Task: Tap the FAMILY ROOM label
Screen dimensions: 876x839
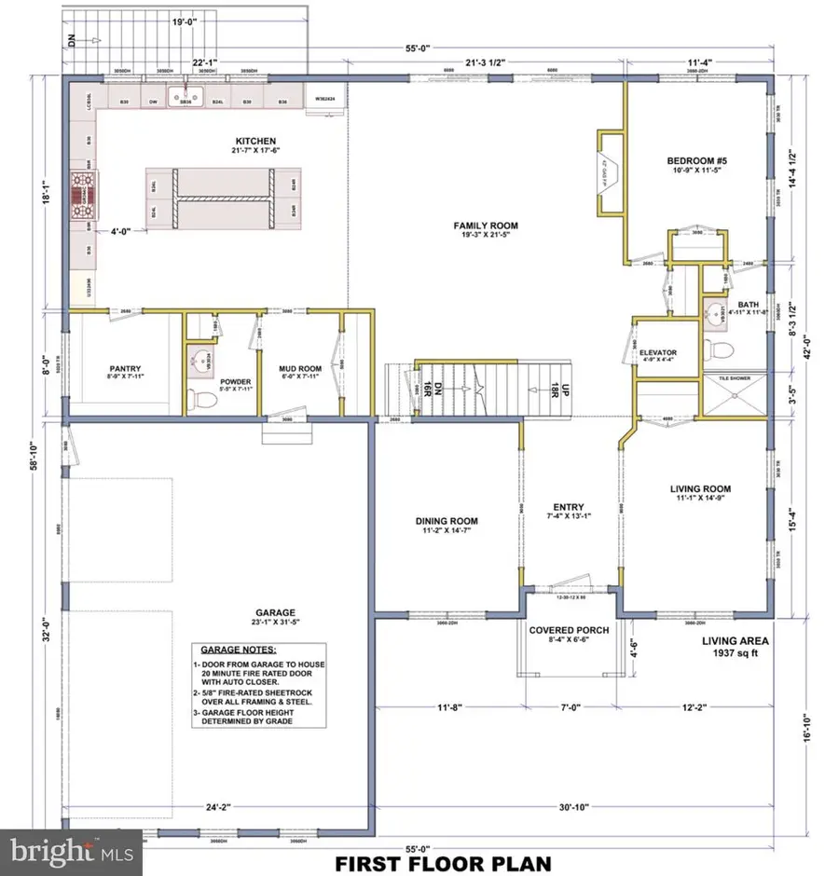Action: point(485,226)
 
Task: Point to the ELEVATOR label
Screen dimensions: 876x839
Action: point(659,352)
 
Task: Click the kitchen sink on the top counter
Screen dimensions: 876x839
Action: point(186,96)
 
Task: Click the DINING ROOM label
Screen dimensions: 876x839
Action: point(447,521)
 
